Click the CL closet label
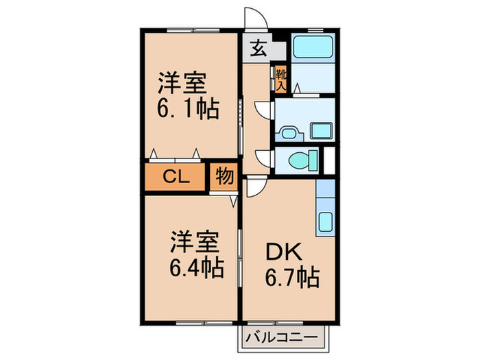pyautogui.click(x=176, y=177)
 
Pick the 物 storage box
pyautogui.click(x=224, y=176)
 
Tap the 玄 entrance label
pyautogui.click(x=259, y=49)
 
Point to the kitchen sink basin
pyautogui.click(x=325, y=222)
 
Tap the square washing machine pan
pyautogui.click(x=320, y=130)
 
